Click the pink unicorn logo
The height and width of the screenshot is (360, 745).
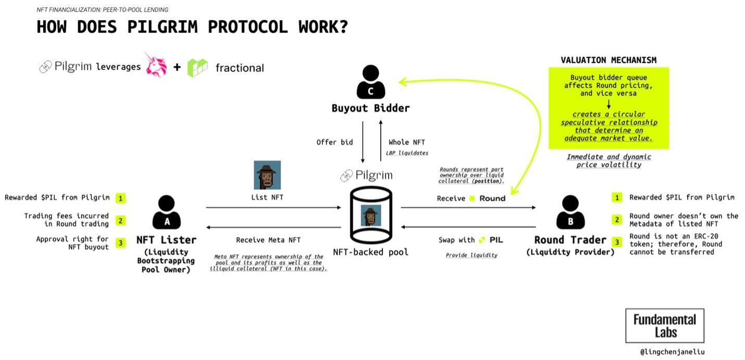pyautogui.click(x=156, y=66)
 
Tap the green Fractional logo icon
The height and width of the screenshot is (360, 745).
pyautogui.click(x=197, y=68)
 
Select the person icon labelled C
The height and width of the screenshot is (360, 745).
pyautogui.click(x=371, y=82)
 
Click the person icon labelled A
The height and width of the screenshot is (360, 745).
pyautogui.click(x=167, y=213)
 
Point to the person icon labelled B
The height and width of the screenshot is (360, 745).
pyautogui.click(x=570, y=213)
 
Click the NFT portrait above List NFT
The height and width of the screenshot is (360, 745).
pyautogui.click(x=267, y=175)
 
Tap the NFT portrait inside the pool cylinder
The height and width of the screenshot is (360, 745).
pyautogui.click(x=371, y=215)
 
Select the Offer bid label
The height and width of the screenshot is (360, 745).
pyautogui.click(x=334, y=142)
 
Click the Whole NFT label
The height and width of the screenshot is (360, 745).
pyautogui.click(x=407, y=142)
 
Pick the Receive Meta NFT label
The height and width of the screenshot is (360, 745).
pyautogui.click(x=268, y=240)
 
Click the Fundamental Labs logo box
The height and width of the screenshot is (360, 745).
pyautogui.click(x=664, y=326)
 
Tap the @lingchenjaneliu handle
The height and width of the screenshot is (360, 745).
pyautogui.click(x=672, y=352)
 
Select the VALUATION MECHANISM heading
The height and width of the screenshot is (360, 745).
pyautogui.click(x=609, y=60)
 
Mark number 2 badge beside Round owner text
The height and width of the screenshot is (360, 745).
pyautogui.click(x=617, y=220)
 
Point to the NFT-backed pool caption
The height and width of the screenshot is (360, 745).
pyautogui.click(x=371, y=252)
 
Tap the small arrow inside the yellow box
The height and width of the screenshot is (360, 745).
pyautogui.click(x=609, y=104)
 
